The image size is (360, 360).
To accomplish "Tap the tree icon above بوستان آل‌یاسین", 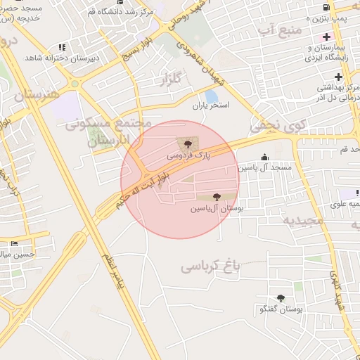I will coord(215,198).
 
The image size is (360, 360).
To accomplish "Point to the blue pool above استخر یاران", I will coord(211,96).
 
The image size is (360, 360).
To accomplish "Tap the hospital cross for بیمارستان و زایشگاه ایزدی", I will coord(326,37).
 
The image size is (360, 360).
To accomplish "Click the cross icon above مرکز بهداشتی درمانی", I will coord(339,76).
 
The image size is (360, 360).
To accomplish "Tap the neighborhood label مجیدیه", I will coord(303,220).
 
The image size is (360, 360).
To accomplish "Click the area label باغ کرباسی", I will coord(210,266).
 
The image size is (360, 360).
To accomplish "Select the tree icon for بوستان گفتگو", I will coord(281,299).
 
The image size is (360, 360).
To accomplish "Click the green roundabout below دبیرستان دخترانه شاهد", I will coord(75,84).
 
